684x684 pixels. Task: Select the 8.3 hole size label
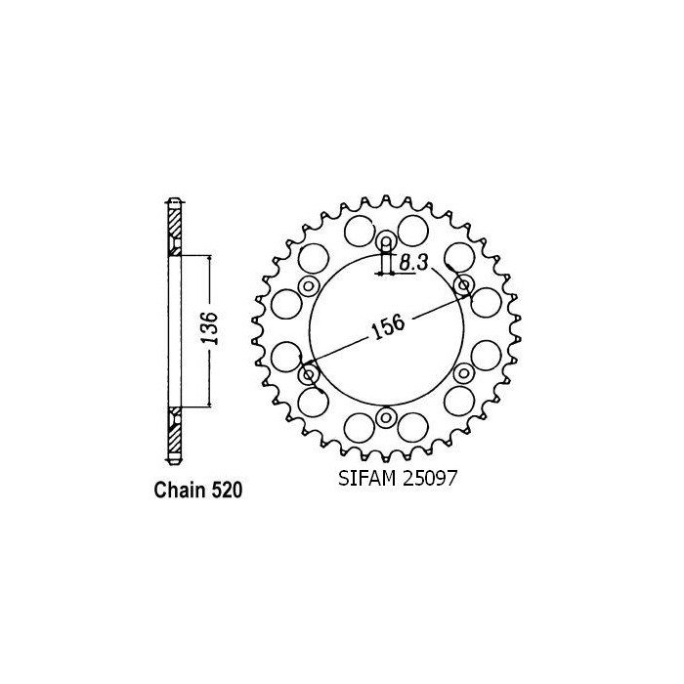coord(411,261)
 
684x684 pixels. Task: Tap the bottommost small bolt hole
coord(386,418)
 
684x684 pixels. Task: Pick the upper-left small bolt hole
coord(310,286)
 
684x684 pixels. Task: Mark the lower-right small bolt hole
coord(462,374)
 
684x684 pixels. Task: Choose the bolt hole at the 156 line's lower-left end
coord(310,374)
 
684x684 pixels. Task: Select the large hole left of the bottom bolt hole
coord(359,427)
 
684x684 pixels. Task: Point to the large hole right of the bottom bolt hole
coord(413,427)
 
